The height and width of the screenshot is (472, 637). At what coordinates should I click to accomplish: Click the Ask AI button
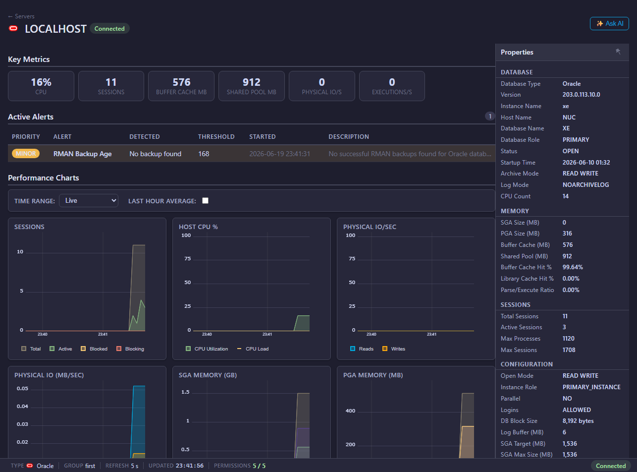609,24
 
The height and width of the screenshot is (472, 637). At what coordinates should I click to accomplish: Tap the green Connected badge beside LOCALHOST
109,29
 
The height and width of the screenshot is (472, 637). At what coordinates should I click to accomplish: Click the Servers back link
21,16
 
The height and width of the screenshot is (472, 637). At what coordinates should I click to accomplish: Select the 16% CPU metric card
41,86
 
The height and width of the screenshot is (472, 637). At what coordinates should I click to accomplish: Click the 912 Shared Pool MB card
251,86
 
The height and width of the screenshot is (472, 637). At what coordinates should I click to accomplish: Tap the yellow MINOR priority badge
26,154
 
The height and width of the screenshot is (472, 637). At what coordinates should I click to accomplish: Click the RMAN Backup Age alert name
82,154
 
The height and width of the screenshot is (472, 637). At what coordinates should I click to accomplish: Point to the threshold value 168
204,154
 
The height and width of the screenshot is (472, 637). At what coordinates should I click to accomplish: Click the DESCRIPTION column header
349,136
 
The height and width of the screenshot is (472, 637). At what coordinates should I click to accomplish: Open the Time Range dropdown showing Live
89,201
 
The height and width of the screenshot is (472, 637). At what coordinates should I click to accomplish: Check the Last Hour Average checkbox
205,201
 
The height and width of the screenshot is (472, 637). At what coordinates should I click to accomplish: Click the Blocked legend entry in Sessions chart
94,349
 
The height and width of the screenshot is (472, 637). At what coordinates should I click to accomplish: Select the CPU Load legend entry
253,349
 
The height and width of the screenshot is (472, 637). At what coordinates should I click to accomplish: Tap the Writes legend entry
394,349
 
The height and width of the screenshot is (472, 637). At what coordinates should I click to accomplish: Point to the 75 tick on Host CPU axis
188,259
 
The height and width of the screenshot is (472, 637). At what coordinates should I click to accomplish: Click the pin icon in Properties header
618,52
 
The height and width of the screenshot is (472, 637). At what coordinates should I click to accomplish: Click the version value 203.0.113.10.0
582,95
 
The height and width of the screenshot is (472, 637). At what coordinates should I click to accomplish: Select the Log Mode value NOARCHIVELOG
585,185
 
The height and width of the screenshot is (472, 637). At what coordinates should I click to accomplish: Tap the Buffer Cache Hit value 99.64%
573,267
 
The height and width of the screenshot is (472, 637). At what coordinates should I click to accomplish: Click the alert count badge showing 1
490,117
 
